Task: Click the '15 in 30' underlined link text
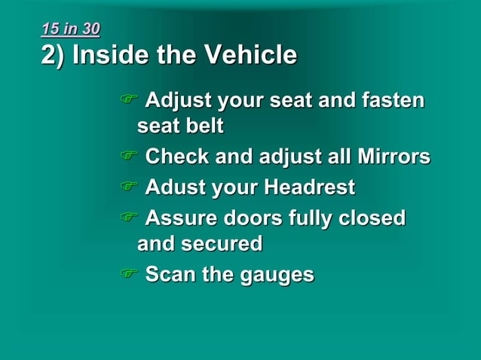[x=70, y=29]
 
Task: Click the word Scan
[x=170, y=274]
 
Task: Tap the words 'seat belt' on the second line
[x=180, y=126]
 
